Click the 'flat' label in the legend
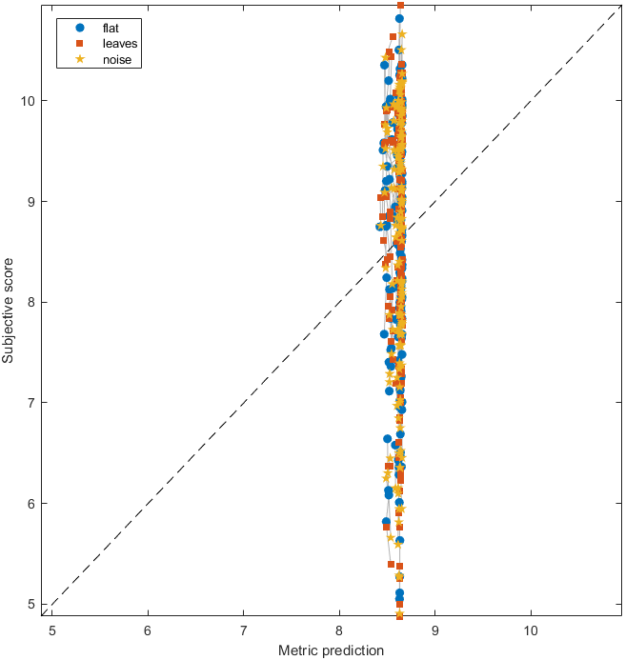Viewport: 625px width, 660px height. (x=110, y=28)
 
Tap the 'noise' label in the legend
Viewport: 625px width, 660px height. (x=115, y=60)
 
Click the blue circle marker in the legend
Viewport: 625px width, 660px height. (x=80, y=28)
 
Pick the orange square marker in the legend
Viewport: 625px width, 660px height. (x=80, y=44)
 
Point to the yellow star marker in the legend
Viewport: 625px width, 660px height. (x=80, y=60)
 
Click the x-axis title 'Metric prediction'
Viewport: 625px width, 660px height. (x=331, y=650)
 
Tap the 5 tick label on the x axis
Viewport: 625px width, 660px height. (x=52, y=630)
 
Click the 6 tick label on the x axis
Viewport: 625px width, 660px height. (x=148, y=630)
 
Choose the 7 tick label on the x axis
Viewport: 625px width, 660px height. (x=243, y=630)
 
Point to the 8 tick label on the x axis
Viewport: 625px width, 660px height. (x=339, y=630)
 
